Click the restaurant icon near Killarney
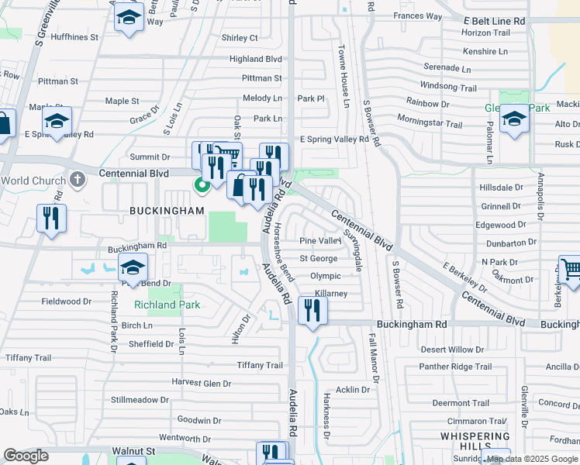(312, 311)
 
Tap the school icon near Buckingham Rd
(133, 267)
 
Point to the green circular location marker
(202, 184)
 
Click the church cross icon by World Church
(77, 180)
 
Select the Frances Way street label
(417, 16)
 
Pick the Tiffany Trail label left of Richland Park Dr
(28, 358)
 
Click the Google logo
(26, 456)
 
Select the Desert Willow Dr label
(451, 350)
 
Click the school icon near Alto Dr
(514, 119)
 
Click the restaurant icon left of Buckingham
(52, 217)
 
